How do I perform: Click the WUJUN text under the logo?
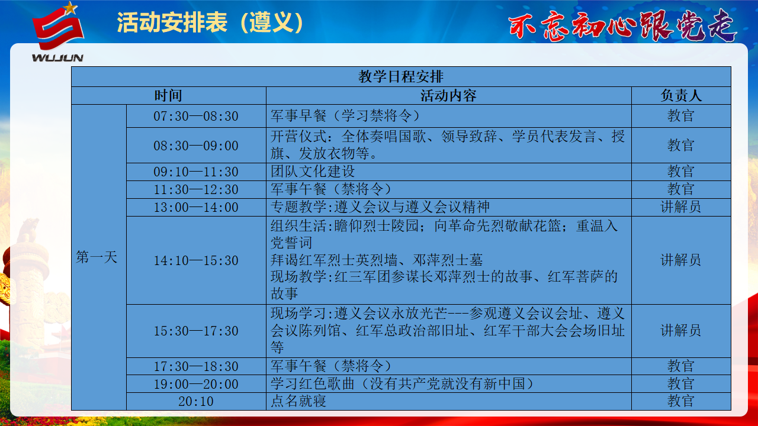click(57, 58)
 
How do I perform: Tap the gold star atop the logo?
click(70, 8)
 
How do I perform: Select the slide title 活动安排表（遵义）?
click(210, 23)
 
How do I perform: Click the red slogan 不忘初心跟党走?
click(622, 25)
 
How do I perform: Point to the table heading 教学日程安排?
click(401, 76)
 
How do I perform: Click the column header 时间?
click(168, 96)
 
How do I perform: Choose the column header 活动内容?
click(448, 96)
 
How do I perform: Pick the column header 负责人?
click(681, 96)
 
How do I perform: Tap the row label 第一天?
click(97, 257)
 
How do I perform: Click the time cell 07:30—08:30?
click(196, 116)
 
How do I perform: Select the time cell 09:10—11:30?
click(196, 172)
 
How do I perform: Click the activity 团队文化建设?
click(312, 172)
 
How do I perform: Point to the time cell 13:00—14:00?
click(196, 207)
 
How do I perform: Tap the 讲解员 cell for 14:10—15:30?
click(681, 260)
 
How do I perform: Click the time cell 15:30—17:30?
click(196, 331)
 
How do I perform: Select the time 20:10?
click(196, 401)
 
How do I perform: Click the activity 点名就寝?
click(298, 401)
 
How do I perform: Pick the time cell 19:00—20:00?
click(196, 384)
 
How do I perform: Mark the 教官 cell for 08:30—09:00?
click(681, 145)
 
